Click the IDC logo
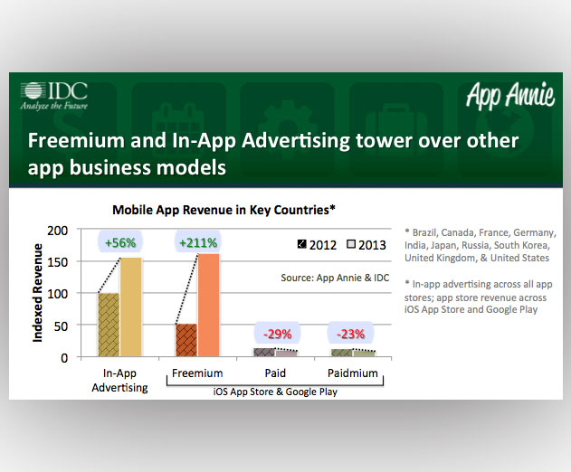click(x=54, y=95)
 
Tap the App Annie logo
click(x=510, y=95)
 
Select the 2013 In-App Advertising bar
click(x=131, y=307)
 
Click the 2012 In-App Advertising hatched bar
click(x=109, y=325)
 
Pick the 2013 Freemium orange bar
click(x=209, y=305)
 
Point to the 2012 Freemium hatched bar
click(x=186, y=340)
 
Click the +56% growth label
click(x=120, y=242)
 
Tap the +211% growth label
click(x=198, y=242)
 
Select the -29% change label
click(x=278, y=334)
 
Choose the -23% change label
click(x=350, y=334)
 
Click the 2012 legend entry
click(x=318, y=245)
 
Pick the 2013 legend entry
click(x=366, y=245)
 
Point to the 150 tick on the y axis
click(x=58, y=262)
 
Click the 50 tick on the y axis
click(x=61, y=326)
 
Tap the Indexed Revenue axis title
click(x=37, y=293)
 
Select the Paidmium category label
click(x=353, y=373)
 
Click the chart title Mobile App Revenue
click(x=224, y=210)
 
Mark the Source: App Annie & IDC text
click(x=335, y=278)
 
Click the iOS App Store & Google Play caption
click(x=275, y=392)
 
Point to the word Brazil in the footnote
click(x=425, y=232)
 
